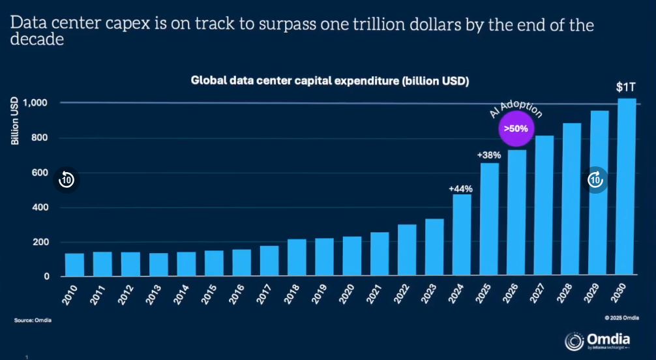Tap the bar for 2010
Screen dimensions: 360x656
(74, 263)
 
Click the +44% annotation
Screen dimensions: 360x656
(460, 188)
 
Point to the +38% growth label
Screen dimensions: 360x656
(488, 156)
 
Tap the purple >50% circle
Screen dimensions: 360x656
(516, 129)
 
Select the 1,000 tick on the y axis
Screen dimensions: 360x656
(36, 103)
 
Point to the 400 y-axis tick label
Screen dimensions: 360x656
(40, 207)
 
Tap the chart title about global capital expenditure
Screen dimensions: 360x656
(330, 81)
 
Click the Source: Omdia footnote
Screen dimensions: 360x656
(33, 320)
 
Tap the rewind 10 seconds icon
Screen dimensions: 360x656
(67, 179)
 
